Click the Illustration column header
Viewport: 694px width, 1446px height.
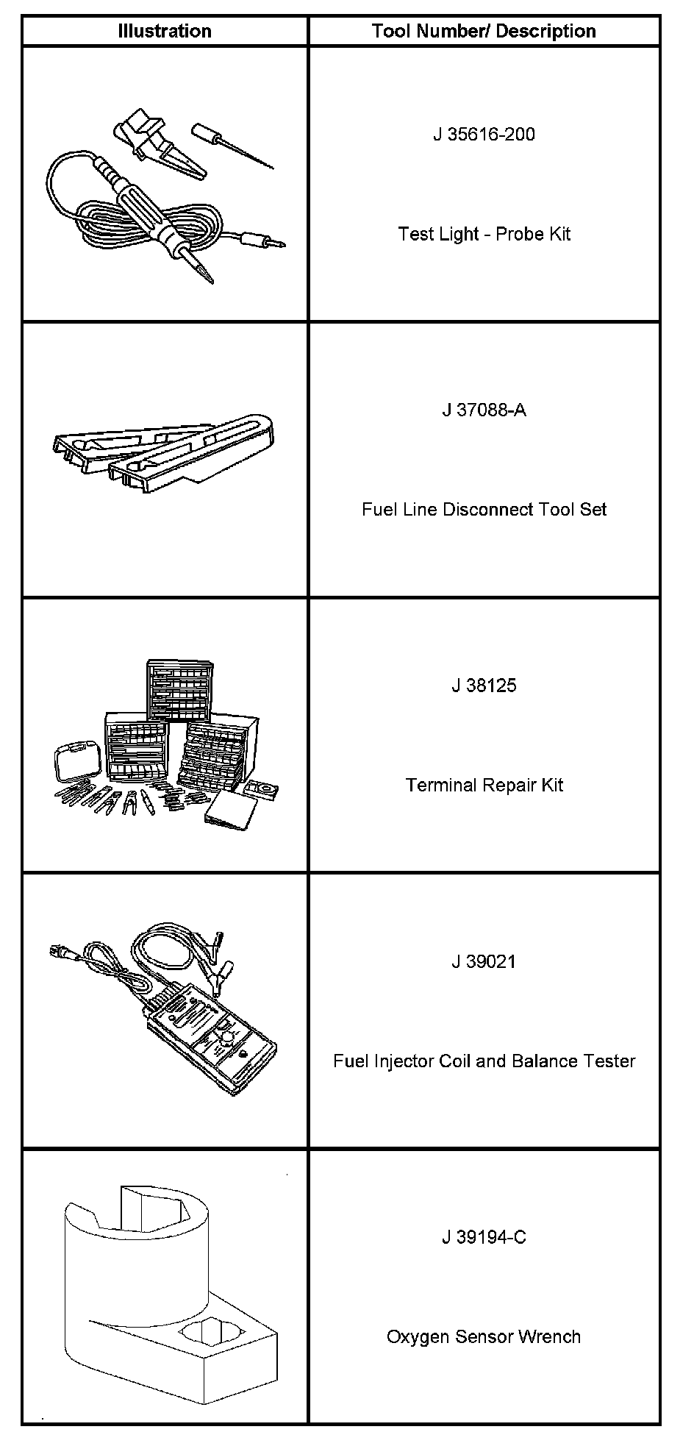click(165, 31)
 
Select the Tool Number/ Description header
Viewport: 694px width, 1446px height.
click(483, 31)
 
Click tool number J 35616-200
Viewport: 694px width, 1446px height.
click(484, 135)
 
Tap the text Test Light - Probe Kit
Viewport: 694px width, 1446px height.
click(484, 234)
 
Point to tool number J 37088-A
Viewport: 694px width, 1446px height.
click(484, 410)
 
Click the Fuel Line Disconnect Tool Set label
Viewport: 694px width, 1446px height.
click(484, 509)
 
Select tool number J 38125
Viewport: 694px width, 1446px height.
click(484, 685)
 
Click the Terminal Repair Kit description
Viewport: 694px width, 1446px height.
click(484, 785)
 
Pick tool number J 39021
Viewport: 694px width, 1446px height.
click(484, 961)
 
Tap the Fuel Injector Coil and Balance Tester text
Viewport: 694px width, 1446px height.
click(484, 1061)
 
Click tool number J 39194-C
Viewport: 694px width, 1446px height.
click(484, 1237)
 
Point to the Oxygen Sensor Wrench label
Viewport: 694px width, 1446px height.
click(484, 1336)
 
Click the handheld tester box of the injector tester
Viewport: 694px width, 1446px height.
click(213, 1037)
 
